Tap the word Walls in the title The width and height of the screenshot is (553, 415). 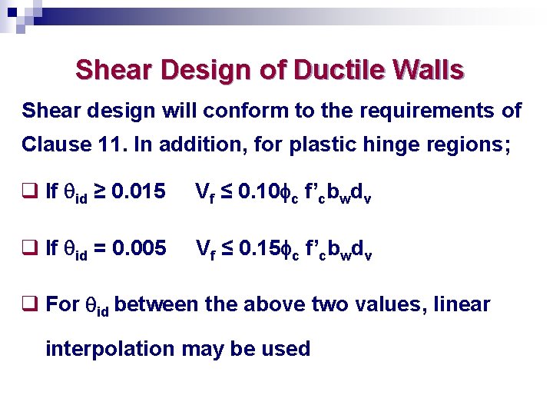[x=427, y=70]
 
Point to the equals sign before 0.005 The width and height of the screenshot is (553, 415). [x=100, y=248]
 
